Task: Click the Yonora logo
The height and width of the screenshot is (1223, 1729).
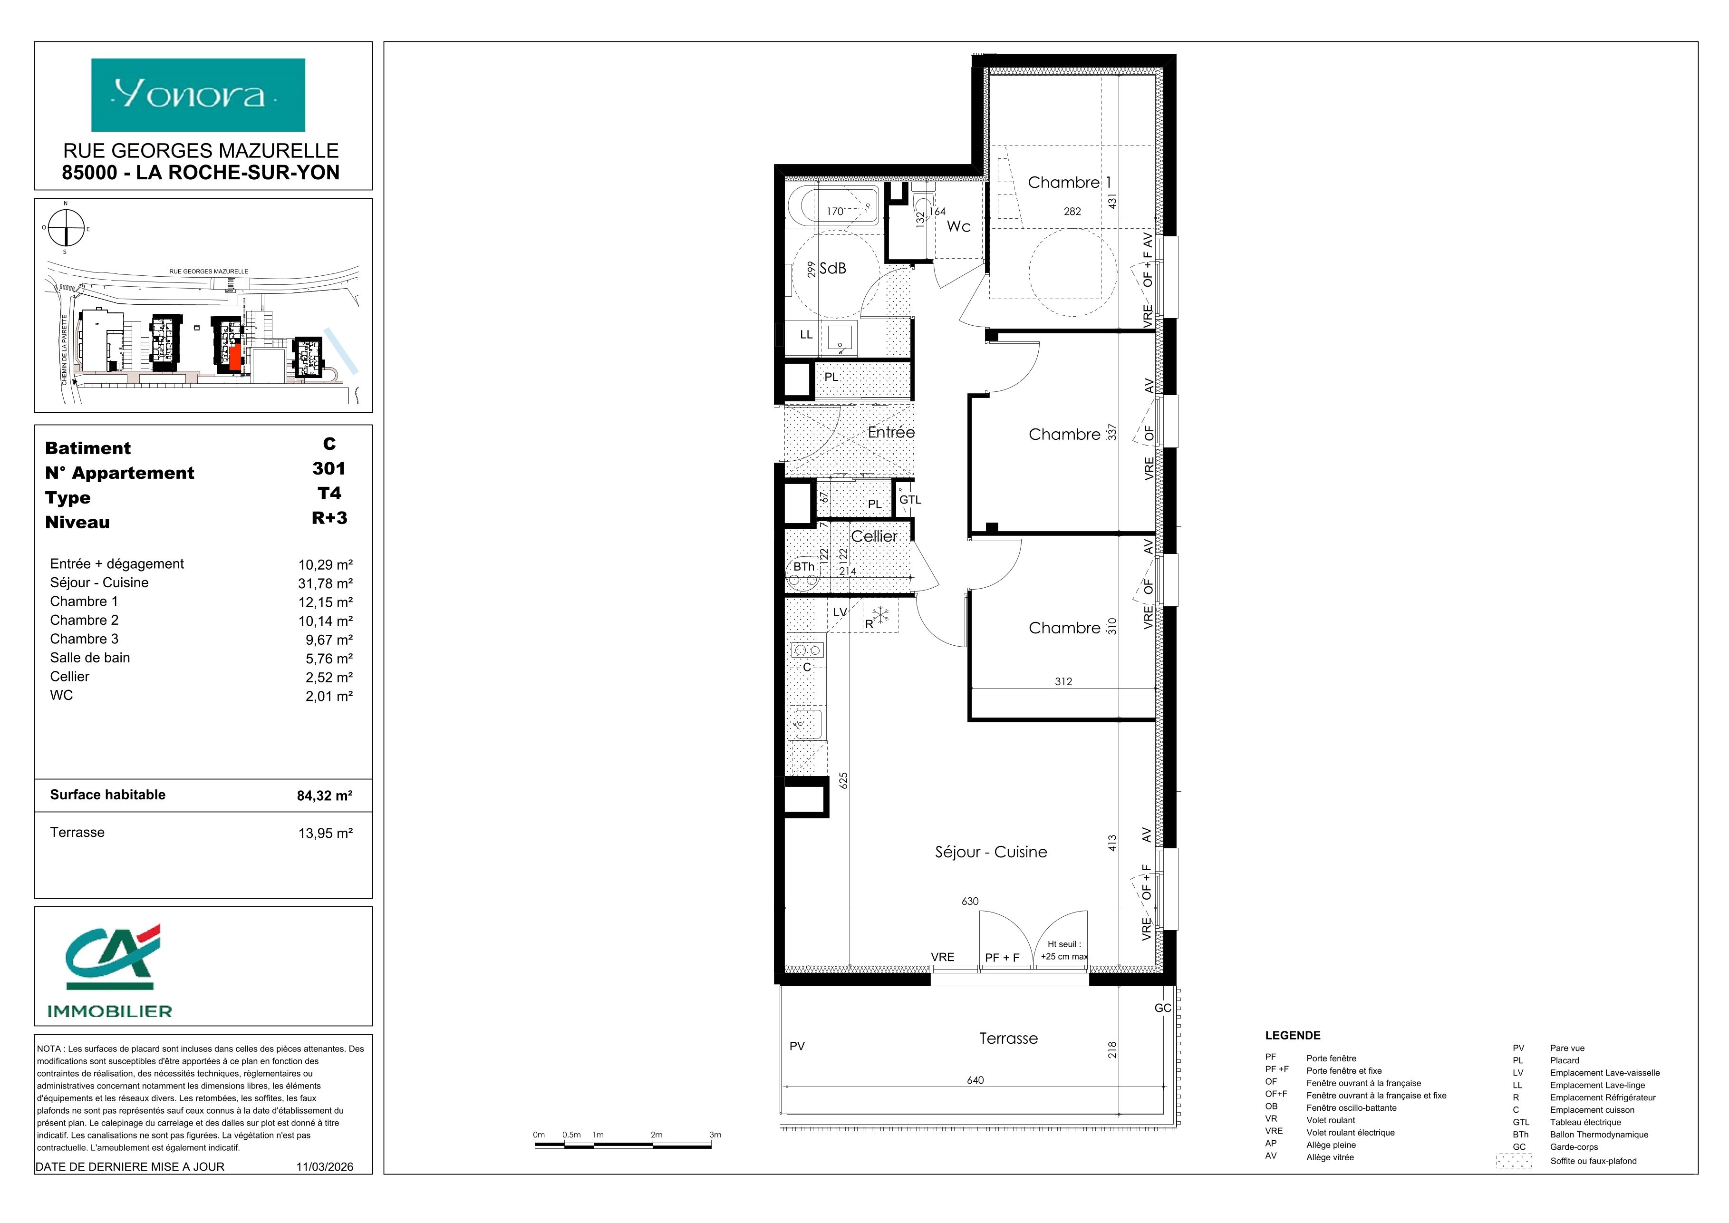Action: click(x=198, y=95)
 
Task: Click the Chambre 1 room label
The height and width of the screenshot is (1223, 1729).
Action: click(x=1069, y=182)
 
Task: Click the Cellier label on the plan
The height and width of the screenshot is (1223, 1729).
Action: click(x=874, y=536)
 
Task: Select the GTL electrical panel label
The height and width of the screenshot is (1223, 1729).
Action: click(x=910, y=500)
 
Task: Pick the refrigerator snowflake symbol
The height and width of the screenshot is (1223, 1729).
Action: click(x=881, y=614)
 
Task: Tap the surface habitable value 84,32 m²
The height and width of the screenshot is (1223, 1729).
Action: click(x=325, y=795)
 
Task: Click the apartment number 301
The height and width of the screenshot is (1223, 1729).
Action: click(x=329, y=468)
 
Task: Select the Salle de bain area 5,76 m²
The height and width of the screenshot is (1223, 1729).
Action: click(x=329, y=658)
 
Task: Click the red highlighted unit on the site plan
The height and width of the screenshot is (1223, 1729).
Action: click(x=236, y=356)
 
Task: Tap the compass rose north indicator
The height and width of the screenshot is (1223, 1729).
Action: click(x=66, y=204)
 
